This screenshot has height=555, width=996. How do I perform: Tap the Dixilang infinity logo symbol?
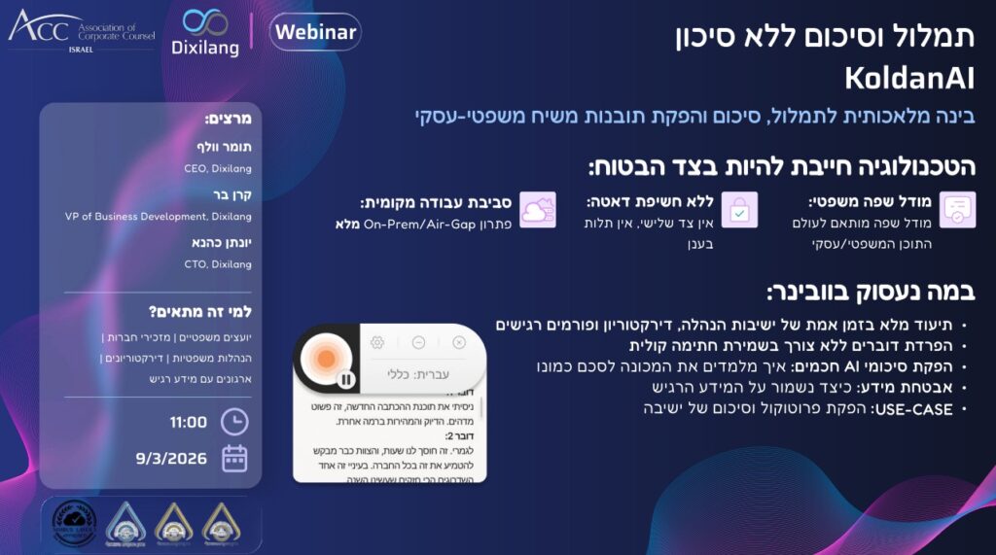click(x=205, y=21)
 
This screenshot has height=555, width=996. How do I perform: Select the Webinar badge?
click(x=315, y=32)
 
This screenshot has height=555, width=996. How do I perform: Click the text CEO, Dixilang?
click(x=218, y=168)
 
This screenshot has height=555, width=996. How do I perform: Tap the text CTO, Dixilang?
click(x=218, y=263)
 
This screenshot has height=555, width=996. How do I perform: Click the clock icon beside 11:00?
click(x=234, y=422)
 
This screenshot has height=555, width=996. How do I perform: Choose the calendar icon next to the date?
click(x=234, y=458)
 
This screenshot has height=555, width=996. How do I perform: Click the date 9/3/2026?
click(x=169, y=458)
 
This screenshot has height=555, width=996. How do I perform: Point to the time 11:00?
click(x=188, y=422)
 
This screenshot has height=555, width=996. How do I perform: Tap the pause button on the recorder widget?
click(x=344, y=378)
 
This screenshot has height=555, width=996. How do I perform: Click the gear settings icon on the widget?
click(x=377, y=342)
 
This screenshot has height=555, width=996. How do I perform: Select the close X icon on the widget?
click(x=459, y=342)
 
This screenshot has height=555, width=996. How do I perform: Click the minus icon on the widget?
click(x=418, y=342)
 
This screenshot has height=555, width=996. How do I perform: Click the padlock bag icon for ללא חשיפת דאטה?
click(x=739, y=210)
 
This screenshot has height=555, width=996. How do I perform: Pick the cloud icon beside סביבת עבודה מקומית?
click(x=537, y=210)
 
